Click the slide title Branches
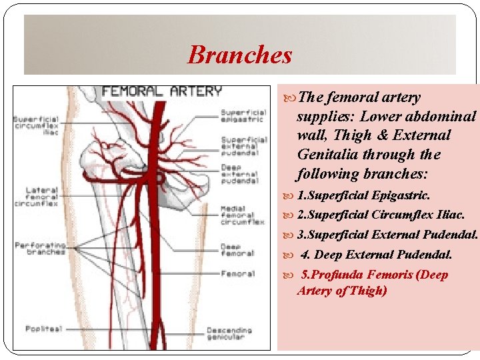click(240, 55)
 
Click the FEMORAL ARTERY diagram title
click(161, 91)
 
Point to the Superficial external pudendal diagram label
click(243, 145)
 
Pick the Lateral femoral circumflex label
click(41, 197)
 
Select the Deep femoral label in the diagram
click(237, 249)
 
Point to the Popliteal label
click(43, 329)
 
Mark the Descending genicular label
click(229, 333)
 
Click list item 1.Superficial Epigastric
click(363, 196)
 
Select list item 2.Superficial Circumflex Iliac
click(380, 215)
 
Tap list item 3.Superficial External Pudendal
click(387, 235)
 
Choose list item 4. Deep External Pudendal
click(376, 255)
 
